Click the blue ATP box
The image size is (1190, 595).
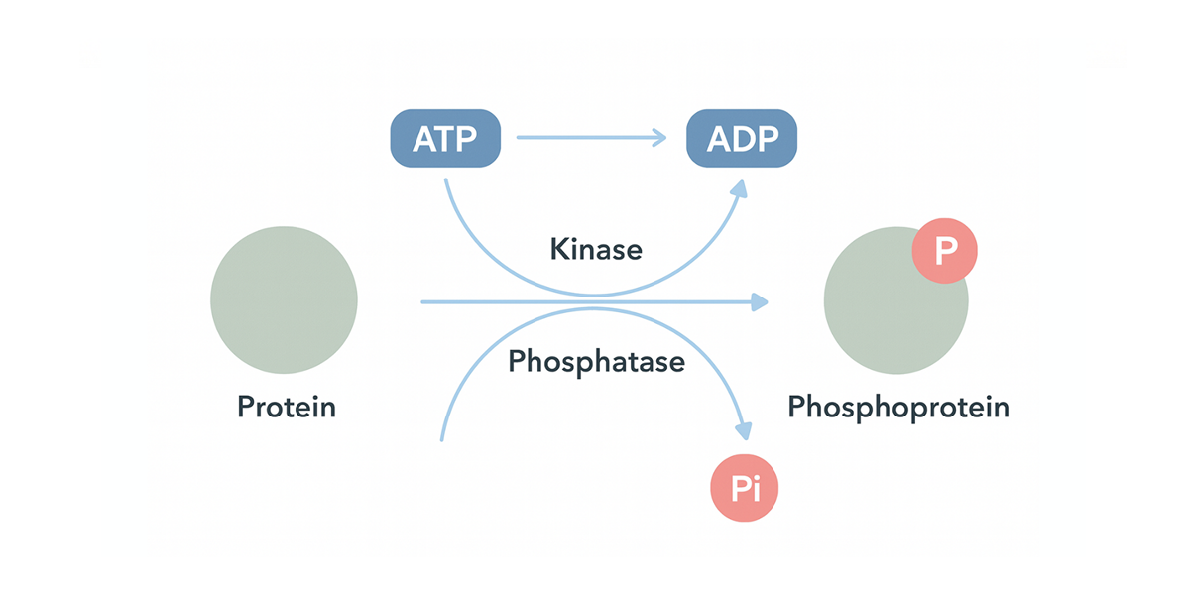coord(445,138)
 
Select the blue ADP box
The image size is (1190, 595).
coord(742,138)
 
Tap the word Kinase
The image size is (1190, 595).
coord(596,249)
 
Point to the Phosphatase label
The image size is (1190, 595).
coord(597,362)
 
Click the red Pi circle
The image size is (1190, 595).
coord(745,488)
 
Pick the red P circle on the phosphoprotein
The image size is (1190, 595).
coord(944,251)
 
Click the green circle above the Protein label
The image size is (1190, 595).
coord(284,300)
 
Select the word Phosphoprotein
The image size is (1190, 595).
coord(898,408)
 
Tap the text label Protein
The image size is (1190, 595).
coord(287,408)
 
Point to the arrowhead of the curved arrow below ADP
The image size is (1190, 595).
coord(740,189)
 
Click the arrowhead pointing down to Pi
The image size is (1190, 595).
coord(745,431)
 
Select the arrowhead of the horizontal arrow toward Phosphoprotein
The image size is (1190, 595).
coord(760,302)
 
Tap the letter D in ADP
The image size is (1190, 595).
coord(743,139)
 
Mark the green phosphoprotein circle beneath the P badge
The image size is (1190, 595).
coord(895,300)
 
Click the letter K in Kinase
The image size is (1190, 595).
coord(559,249)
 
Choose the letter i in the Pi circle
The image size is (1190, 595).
coord(757,489)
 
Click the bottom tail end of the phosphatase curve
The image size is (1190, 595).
coord(442,440)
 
